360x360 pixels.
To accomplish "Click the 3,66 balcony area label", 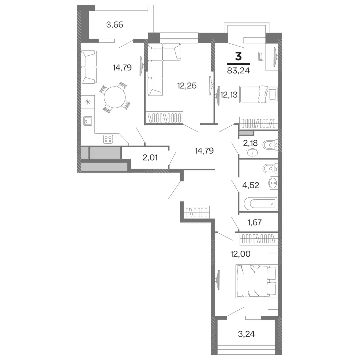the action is click(x=115, y=25).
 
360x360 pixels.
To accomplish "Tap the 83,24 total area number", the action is click(x=238, y=70).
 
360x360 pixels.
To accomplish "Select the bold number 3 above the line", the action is click(x=238, y=56).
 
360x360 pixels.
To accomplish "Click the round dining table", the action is click(x=115, y=97).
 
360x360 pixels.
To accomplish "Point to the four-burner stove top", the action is click(x=108, y=139).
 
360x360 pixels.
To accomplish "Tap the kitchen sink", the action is click(x=88, y=121).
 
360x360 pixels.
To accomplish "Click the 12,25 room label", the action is click(x=187, y=86).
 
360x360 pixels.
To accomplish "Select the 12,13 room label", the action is click(x=229, y=95).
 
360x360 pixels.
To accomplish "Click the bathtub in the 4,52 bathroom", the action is click(x=260, y=203).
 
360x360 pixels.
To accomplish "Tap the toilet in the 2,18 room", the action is click(x=271, y=145).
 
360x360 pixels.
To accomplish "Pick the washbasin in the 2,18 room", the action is click(x=253, y=153).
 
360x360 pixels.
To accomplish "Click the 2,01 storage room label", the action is click(x=150, y=158).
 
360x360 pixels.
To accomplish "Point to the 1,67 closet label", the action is click(x=254, y=222).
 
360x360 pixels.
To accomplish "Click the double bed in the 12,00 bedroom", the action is click(x=256, y=281).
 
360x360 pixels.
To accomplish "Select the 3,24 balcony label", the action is click(x=246, y=334).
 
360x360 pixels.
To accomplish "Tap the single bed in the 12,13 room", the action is click(x=259, y=94).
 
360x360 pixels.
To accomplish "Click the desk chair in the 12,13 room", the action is click(x=261, y=56).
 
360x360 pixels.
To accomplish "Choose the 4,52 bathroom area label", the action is click(x=251, y=185).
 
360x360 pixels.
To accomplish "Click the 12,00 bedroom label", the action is click(x=240, y=254).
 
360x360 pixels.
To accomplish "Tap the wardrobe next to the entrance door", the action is click(x=197, y=212).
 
